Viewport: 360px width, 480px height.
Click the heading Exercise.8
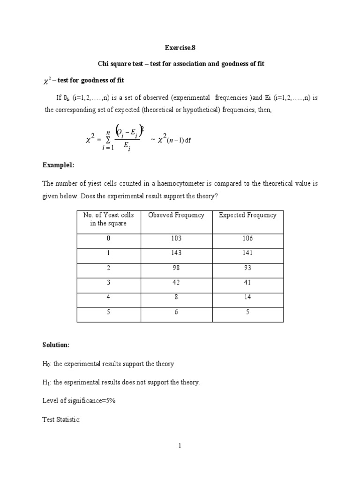180,48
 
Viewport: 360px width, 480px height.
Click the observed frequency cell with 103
176,239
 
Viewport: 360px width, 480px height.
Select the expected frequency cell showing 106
247,239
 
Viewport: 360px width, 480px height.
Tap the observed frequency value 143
176,253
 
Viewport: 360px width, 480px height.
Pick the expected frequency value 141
247,253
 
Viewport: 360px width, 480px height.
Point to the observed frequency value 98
176,268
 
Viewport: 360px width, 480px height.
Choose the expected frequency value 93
247,268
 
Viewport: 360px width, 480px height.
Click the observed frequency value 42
176,282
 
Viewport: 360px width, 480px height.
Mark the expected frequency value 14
247,297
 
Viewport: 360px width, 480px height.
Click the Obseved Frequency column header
176,215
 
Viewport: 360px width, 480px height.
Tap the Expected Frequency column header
247,215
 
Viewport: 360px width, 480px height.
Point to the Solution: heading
57,345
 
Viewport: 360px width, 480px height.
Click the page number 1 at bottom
180,446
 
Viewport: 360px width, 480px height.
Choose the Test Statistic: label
63,420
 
